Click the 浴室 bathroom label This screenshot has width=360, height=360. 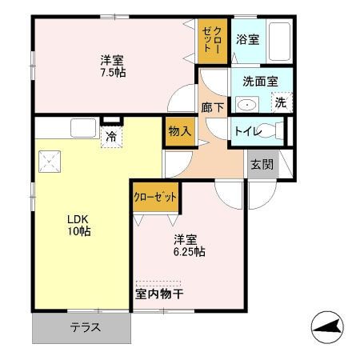tap(247, 39)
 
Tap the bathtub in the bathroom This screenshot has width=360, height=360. tap(278, 40)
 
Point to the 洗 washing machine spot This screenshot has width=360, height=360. tap(280, 102)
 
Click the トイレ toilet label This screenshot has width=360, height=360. tap(246, 131)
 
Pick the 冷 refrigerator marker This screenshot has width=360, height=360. tap(111, 136)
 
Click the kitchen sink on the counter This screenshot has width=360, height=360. tap(82, 127)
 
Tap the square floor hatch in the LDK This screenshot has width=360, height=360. tap(50, 162)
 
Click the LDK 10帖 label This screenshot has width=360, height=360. tap(78, 224)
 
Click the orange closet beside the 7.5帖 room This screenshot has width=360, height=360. tap(211, 41)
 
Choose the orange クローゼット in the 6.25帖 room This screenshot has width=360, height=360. tap(155, 197)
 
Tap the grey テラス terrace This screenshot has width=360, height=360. tap(81, 326)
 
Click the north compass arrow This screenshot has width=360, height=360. tap(328, 326)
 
